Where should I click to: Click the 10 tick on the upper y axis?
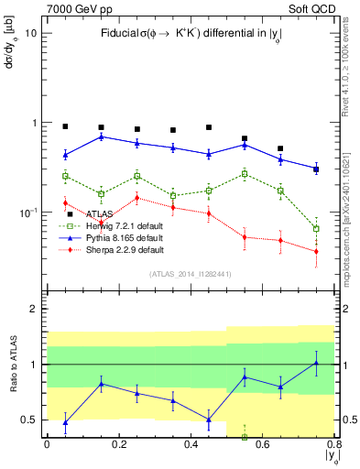coord(30,33)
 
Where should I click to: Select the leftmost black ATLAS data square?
coord(65,126)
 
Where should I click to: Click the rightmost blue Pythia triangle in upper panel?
coord(316,169)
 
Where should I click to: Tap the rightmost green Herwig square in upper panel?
coord(316,229)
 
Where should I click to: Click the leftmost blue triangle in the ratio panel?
coord(65,422)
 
